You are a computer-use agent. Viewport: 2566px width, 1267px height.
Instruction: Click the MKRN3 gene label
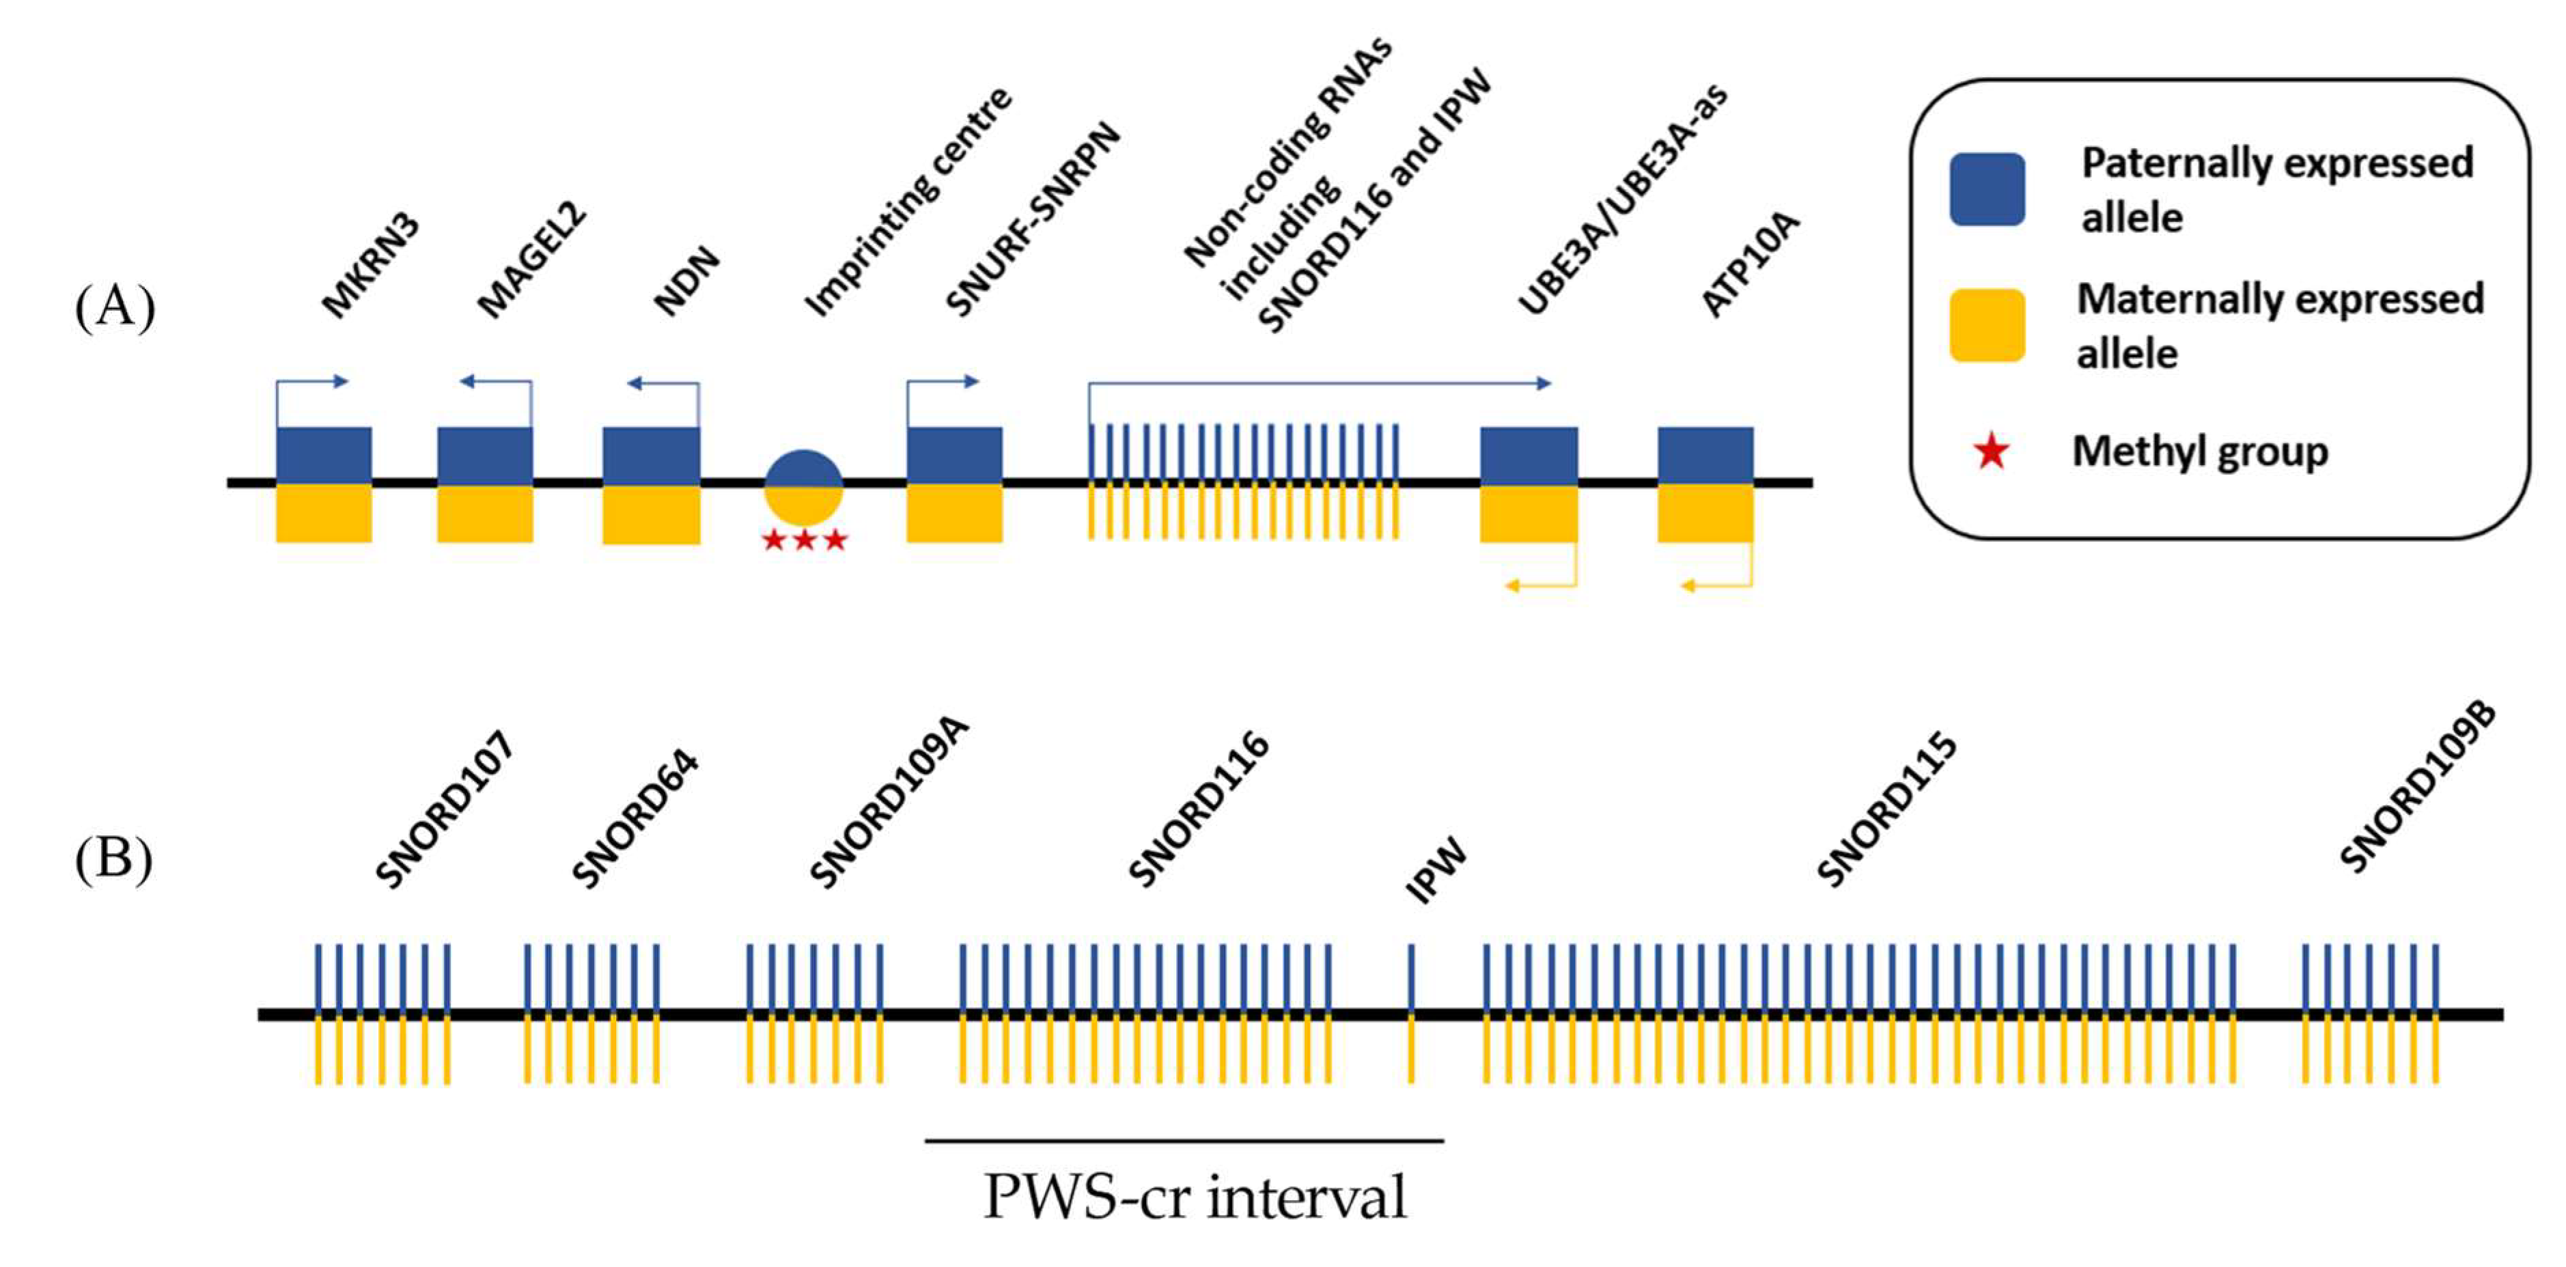[372, 267]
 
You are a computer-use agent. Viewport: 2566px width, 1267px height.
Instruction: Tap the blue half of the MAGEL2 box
[485, 455]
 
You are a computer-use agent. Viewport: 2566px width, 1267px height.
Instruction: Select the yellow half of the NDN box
[652, 514]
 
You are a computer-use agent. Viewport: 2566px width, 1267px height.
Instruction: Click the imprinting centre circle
[803, 487]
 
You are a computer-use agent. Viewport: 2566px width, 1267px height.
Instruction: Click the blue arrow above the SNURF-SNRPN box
[943, 382]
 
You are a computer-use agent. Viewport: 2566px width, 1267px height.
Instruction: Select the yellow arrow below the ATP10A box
[1715, 586]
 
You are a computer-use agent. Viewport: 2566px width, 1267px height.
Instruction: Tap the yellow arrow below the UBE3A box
[1540, 586]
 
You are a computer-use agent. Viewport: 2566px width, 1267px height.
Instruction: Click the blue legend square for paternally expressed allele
[1986, 189]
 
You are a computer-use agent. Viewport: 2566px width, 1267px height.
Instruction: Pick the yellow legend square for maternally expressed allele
[1986, 324]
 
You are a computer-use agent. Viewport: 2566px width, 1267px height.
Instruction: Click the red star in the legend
[1991, 452]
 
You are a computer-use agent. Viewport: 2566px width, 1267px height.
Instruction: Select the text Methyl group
[2199, 452]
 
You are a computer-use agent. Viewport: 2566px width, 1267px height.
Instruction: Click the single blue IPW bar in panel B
[1410, 976]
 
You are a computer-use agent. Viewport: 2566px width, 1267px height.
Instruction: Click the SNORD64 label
[635, 819]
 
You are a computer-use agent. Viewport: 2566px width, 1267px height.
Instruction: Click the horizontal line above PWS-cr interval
[1184, 1141]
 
